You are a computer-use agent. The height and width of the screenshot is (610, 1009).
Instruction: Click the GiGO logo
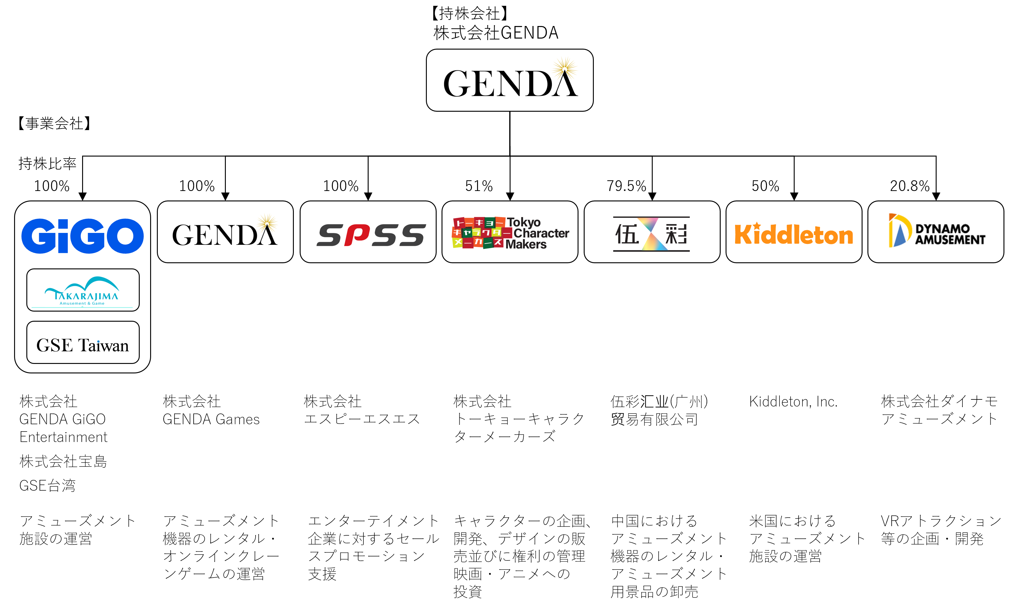(82, 236)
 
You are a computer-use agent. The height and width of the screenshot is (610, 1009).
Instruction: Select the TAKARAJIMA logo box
(83, 290)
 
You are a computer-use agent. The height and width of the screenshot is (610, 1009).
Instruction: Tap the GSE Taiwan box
(83, 343)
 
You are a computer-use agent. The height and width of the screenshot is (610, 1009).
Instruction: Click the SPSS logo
(370, 234)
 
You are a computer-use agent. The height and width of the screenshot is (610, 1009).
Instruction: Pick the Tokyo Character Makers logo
(510, 233)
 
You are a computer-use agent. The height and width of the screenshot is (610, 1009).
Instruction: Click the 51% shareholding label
(479, 186)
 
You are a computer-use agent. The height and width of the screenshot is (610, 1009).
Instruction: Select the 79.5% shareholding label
(626, 186)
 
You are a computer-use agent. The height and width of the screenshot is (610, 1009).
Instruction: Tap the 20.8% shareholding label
(909, 186)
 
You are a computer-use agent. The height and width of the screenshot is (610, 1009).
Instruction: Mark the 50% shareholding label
(765, 186)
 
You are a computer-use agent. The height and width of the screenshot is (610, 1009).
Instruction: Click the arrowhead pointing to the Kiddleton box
(794, 196)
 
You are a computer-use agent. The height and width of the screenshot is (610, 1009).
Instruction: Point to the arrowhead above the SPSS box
(368, 196)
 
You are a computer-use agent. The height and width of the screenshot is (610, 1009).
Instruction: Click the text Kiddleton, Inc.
(793, 402)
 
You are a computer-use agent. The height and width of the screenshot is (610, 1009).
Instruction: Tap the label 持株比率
(47, 164)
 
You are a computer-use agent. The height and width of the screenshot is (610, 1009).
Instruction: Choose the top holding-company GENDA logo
(510, 80)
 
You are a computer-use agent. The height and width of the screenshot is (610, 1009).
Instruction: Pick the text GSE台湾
(47, 486)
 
